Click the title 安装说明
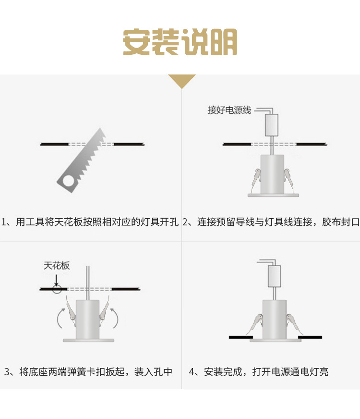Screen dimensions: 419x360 pos(180,42)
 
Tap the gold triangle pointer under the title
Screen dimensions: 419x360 pos(181,81)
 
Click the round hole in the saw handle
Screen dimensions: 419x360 pos(67,180)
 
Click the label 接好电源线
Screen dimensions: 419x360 pos(229,111)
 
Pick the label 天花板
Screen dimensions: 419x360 pos(57,266)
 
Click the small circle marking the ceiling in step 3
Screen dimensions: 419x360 pos(57,289)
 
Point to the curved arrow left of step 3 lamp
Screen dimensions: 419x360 pos(60,317)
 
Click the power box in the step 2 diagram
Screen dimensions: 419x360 pos(272,125)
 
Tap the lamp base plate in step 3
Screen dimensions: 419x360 pos(88,340)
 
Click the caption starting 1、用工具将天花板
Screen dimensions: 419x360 pos(90,222)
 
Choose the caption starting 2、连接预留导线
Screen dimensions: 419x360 pos(271,222)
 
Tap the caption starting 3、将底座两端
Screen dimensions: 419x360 pos(88,371)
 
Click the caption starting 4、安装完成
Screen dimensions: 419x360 pos(259,371)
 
